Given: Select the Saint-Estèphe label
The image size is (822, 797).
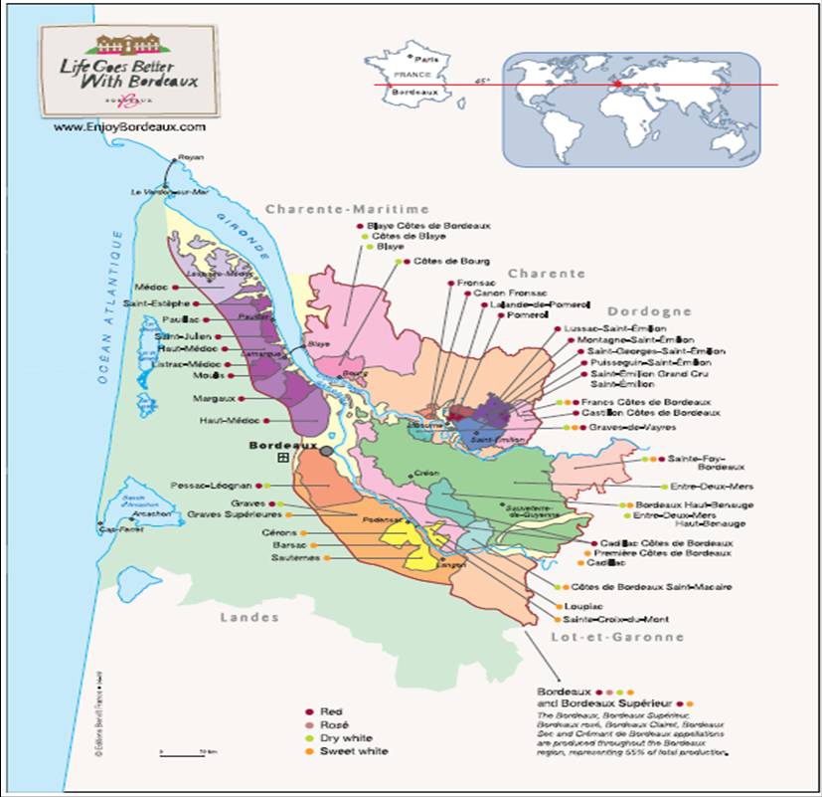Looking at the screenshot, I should click(x=161, y=303).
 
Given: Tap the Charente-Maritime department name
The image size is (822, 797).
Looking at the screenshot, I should click(x=347, y=210).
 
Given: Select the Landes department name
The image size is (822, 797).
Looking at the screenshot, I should click(x=249, y=617).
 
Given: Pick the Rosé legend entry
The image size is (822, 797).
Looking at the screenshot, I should click(x=333, y=725).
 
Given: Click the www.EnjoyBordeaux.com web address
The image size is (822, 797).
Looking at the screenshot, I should click(x=129, y=127).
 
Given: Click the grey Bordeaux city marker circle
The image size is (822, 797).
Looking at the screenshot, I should click(x=327, y=451).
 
